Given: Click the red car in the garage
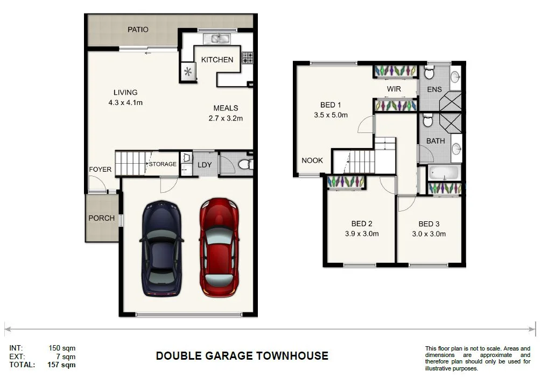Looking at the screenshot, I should [219, 248].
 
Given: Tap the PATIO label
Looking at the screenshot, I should [138, 30].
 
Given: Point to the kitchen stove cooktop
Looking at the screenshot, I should [247, 58].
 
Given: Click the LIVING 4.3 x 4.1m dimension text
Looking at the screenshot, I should [125, 102].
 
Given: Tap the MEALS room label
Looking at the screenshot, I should [226, 108].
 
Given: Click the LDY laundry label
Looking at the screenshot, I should [205, 165].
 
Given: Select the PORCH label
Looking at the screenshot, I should [101, 218].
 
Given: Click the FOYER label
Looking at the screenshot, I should [100, 170].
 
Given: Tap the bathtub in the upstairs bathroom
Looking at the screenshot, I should [444, 173].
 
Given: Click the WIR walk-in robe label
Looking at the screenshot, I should [394, 89].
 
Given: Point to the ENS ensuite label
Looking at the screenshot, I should [434, 89].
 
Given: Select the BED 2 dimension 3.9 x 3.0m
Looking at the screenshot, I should [362, 234].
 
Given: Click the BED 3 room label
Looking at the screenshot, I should [429, 224].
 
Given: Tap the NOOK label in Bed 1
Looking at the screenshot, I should [312, 160].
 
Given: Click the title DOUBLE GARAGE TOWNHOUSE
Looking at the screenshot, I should [242, 356].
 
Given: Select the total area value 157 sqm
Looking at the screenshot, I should [62, 365].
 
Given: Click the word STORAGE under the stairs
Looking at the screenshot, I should [163, 164].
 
